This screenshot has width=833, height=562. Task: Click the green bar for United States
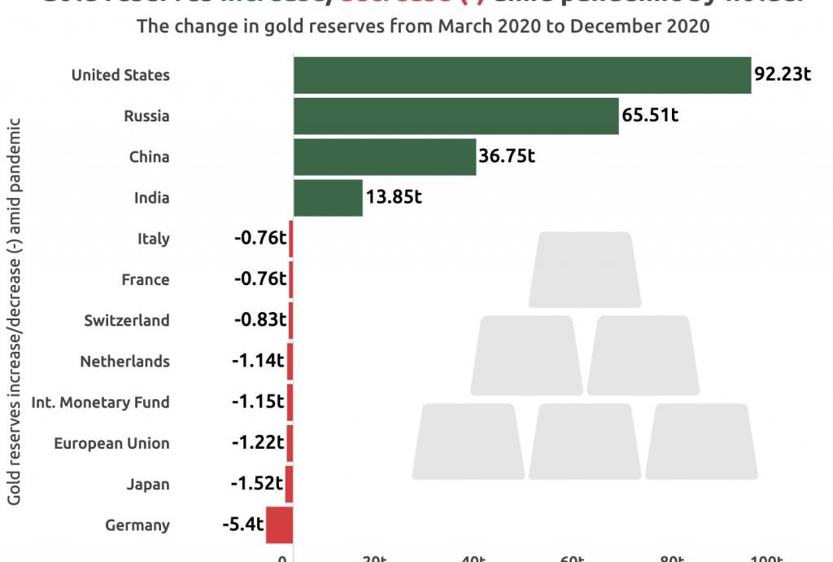point(521,75)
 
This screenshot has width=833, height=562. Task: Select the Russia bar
point(456,116)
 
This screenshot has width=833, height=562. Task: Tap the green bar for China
point(384,156)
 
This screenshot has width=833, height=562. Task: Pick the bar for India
point(328,198)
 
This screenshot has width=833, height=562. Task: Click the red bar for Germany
point(279,525)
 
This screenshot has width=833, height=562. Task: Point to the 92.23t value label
point(783,74)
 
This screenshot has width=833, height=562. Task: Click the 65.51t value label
point(650,115)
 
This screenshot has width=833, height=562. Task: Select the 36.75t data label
point(506,156)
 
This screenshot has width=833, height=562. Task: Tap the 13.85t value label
point(394,197)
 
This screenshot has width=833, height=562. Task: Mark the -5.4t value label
point(242,525)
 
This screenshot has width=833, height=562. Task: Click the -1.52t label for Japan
point(256,484)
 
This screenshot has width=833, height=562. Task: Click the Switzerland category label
point(127,320)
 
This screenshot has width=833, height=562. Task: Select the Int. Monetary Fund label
point(100,402)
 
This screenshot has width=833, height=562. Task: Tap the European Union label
point(111,443)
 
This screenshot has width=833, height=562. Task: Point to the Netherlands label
point(124,361)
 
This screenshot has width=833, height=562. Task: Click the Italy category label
point(154,239)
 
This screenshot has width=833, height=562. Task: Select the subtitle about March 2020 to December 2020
point(423,26)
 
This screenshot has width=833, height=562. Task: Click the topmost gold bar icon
point(581,270)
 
